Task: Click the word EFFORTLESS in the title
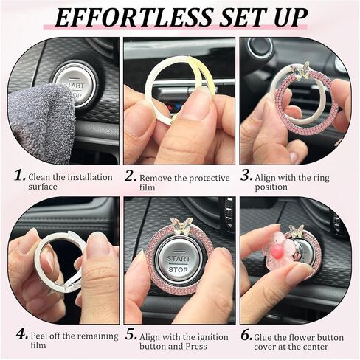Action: (134, 18)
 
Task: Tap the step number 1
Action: (20, 176)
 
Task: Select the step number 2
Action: (131, 176)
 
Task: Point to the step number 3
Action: (246, 176)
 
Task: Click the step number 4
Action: (22, 334)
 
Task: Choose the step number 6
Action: (246, 335)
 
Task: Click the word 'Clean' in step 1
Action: (38, 177)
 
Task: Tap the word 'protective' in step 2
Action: (209, 179)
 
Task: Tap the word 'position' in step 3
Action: (271, 187)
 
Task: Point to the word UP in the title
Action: (291, 18)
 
